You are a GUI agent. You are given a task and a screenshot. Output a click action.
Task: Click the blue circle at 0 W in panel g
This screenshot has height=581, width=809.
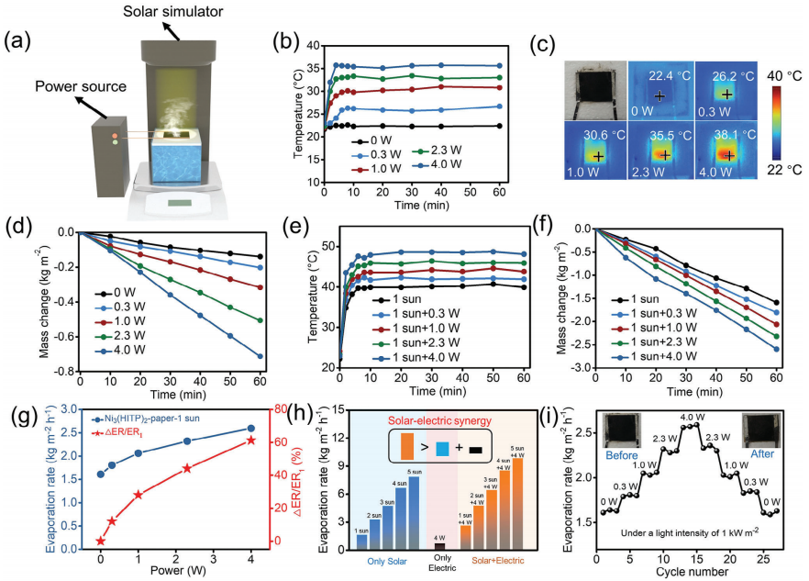click(x=101, y=475)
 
